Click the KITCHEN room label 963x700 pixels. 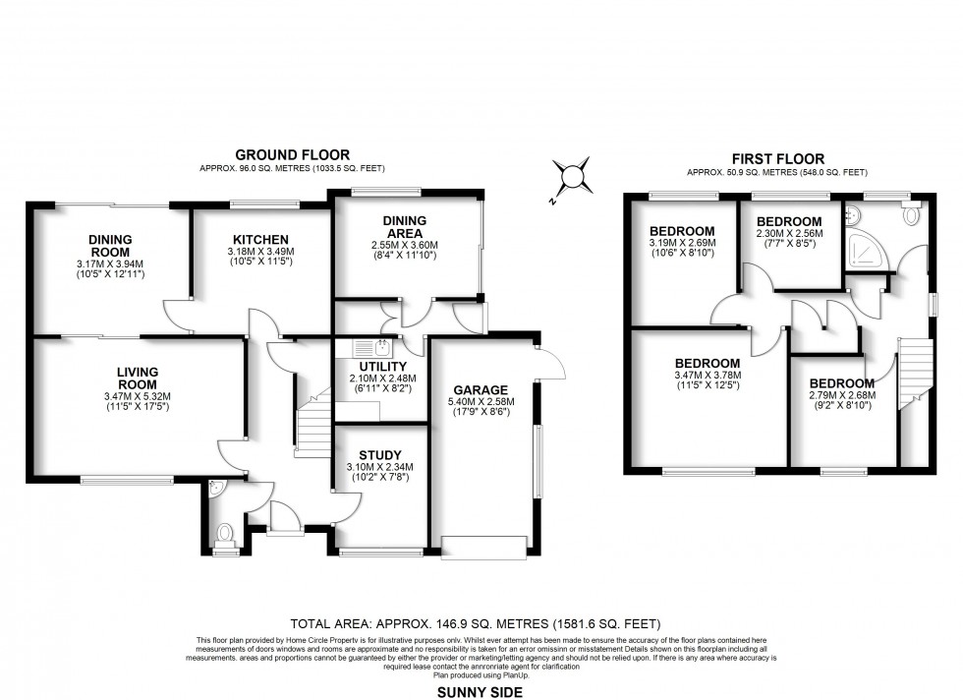click(260, 239)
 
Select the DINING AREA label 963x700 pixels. click(406, 226)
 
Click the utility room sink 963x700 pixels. click(373, 347)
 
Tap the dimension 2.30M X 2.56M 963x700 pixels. click(789, 234)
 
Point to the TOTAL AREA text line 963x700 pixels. click(477, 624)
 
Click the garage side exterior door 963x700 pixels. click(550, 364)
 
